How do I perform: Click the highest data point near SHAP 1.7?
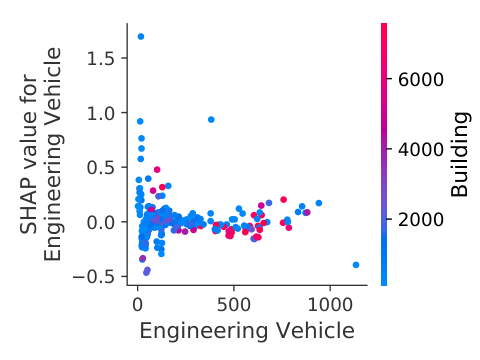point(141,36)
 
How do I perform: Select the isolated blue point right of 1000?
point(356,265)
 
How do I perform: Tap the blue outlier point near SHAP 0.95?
point(211,119)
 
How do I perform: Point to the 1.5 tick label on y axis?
point(100,59)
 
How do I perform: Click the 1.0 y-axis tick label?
point(100,113)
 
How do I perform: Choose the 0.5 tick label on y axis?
point(100,168)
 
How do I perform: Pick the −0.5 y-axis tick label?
point(93,277)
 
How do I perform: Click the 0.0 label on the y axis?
point(100,222)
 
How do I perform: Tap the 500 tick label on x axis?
point(233,305)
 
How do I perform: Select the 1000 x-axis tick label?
point(330,305)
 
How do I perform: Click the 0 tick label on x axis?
point(137,305)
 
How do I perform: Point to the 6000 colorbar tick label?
point(421,79)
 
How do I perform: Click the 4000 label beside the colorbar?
point(421,149)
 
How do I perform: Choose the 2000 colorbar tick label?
point(421,219)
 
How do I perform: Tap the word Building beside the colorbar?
point(460,154)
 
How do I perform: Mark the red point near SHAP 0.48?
point(157,169)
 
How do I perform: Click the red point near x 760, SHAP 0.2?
point(283,199)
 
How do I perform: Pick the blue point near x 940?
point(319,203)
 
